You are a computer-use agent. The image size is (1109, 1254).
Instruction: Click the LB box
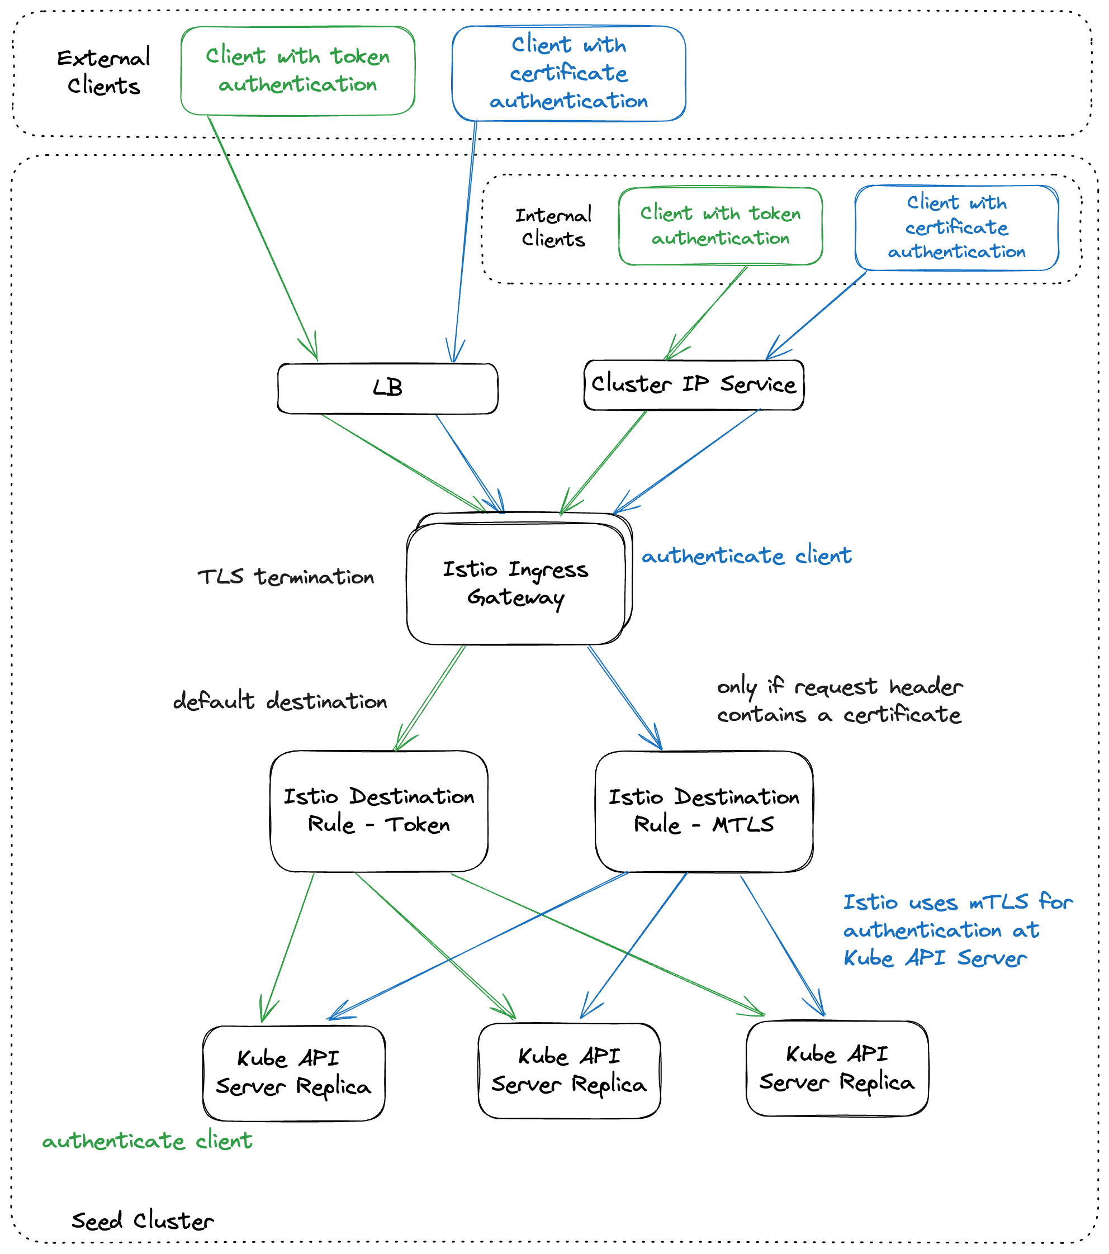tap(387, 388)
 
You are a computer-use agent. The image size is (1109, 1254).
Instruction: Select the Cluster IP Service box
tap(694, 384)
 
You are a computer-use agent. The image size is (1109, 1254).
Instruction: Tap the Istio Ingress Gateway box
tap(515, 583)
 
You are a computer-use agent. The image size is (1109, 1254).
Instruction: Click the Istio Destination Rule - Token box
tap(378, 810)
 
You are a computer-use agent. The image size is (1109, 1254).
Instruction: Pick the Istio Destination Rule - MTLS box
tap(704, 810)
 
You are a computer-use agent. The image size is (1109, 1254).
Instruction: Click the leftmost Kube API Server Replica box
tap(293, 1073)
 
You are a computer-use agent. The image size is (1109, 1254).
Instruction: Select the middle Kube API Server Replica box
tap(569, 1071)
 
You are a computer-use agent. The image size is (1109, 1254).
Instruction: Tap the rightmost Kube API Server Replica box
tap(837, 1068)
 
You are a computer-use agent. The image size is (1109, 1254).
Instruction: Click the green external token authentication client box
tap(298, 70)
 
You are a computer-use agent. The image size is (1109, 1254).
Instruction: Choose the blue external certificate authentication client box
tap(568, 73)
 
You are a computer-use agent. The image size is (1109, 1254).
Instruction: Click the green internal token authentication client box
tap(720, 226)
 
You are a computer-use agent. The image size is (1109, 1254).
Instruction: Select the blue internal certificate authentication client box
tap(956, 227)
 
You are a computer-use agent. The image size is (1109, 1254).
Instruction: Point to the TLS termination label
tap(286, 577)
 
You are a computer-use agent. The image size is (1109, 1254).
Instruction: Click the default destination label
tap(280, 701)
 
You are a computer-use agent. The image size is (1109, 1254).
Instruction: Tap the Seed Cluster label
tap(143, 1220)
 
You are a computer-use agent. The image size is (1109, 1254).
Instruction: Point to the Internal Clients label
tap(553, 227)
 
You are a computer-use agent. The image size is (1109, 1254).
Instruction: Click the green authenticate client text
tap(148, 1141)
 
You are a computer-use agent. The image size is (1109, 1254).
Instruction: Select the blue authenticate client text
tap(746, 556)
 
